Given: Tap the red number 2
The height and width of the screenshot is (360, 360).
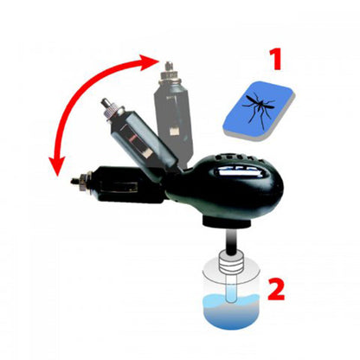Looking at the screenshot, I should (274, 289).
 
